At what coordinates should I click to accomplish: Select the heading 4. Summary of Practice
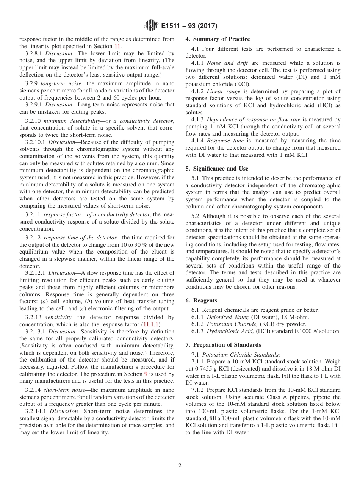218,39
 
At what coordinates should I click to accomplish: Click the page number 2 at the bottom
180,465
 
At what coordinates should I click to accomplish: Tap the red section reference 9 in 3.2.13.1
146,374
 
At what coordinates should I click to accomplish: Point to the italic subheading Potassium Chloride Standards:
241,355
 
